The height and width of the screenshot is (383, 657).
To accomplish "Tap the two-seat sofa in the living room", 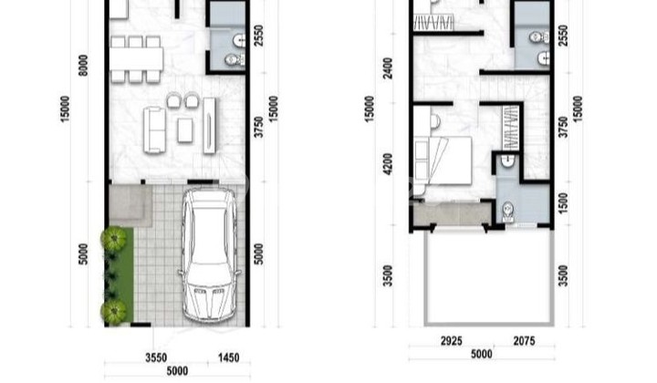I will [154, 129].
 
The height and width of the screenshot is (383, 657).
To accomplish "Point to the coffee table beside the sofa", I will [185, 129].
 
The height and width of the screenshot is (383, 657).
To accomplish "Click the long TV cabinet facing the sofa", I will [210, 125].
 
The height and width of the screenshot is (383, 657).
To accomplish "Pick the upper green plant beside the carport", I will [114, 240].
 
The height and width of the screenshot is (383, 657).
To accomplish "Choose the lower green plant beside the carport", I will [114, 312].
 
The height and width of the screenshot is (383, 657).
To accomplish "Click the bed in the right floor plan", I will [443, 161].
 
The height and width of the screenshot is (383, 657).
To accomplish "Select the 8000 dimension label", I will [83, 66].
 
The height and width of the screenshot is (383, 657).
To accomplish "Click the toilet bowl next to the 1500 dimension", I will [507, 211].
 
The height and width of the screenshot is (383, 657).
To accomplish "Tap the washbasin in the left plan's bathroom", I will [238, 40].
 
